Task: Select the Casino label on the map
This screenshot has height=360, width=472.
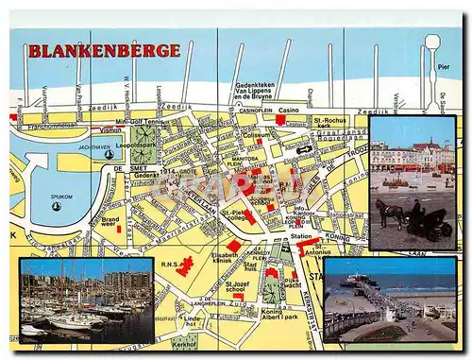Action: click(x=288, y=111)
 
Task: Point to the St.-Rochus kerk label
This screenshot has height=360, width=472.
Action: click(x=330, y=124)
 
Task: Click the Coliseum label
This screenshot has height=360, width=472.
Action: click(x=256, y=134)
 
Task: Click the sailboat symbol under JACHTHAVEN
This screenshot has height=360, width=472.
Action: click(x=109, y=154)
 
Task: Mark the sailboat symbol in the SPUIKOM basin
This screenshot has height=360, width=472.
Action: click(x=57, y=206)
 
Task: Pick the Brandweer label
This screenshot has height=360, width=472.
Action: click(x=110, y=222)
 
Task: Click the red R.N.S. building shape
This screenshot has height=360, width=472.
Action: click(x=185, y=266)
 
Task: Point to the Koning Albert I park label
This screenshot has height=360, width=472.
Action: click(x=280, y=315)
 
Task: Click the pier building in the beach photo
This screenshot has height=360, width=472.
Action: click(x=352, y=279)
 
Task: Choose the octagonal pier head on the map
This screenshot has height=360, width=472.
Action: click(x=433, y=43)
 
